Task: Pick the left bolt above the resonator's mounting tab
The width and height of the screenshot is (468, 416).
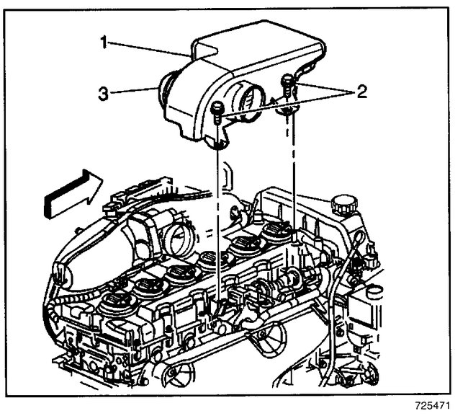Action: (x=217, y=111)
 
